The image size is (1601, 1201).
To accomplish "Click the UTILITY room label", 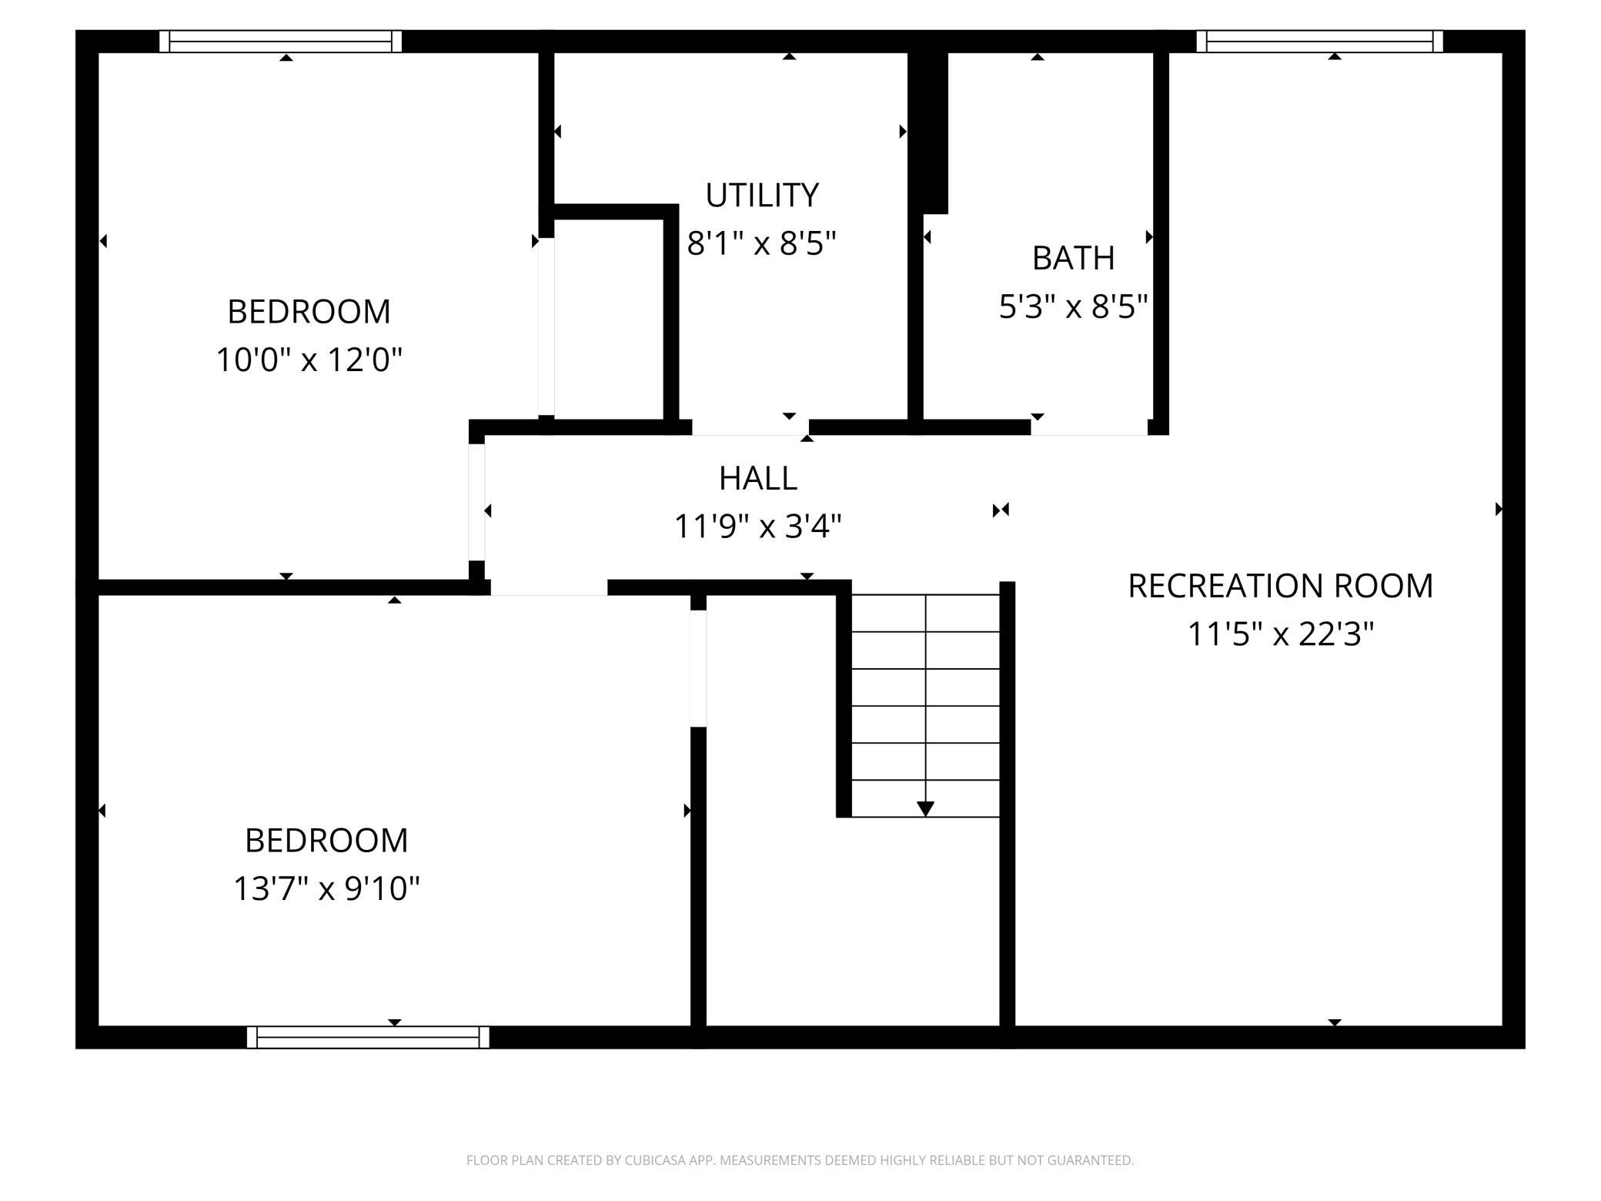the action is point(762,196).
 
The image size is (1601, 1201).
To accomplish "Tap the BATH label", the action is point(1073,258).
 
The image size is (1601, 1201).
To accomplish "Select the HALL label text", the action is point(757,479).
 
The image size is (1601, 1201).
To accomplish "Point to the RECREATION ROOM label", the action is point(1280,586).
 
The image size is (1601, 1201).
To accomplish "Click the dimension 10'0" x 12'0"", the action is point(309,360).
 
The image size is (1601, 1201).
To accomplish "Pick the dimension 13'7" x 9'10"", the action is point(326,888).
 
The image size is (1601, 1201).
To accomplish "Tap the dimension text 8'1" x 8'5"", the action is point(761,243).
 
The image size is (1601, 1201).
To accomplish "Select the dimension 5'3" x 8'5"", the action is point(1073,306).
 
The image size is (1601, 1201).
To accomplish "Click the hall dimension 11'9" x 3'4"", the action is point(757,527).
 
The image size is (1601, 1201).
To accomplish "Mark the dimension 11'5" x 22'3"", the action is point(1280,634).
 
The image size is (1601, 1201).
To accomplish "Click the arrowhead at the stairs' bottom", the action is point(925,808).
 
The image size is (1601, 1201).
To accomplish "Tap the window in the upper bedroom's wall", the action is point(280,42).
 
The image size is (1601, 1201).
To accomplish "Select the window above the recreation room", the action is point(1319,42).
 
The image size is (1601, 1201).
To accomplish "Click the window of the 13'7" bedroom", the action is point(368,1037).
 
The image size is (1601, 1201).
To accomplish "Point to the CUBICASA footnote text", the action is point(800,1160).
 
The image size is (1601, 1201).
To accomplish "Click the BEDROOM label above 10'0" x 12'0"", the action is point(309,312).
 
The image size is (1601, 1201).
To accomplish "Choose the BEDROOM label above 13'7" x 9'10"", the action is point(326,840).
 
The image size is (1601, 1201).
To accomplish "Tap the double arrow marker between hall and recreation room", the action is point(1001,510).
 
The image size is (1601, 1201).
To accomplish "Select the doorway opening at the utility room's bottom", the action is point(750,428).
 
